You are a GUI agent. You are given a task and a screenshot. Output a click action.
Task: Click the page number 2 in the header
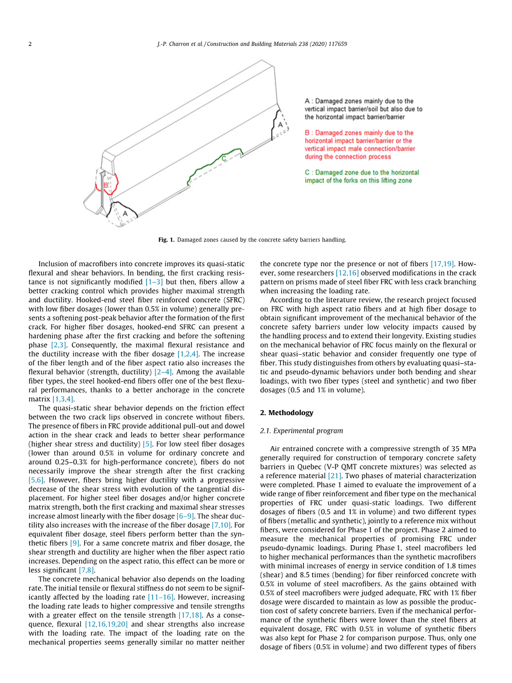click(30, 44)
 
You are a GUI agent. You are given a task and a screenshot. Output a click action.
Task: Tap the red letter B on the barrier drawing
click(105, 185)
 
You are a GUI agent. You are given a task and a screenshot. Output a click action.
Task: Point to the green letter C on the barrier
click(224, 158)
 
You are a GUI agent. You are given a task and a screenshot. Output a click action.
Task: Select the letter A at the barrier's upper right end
click(280, 125)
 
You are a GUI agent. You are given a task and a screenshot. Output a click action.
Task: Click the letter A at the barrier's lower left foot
click(125, 213)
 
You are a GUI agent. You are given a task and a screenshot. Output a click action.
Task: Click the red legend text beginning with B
click(359, 145)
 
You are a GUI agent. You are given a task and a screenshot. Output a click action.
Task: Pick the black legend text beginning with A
click(363, 109)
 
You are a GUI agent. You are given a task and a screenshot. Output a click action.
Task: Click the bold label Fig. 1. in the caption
click(165, 240)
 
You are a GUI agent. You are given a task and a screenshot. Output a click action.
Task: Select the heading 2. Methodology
click(286, 412)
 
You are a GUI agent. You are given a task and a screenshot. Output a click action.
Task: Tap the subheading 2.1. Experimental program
click(301, 431)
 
